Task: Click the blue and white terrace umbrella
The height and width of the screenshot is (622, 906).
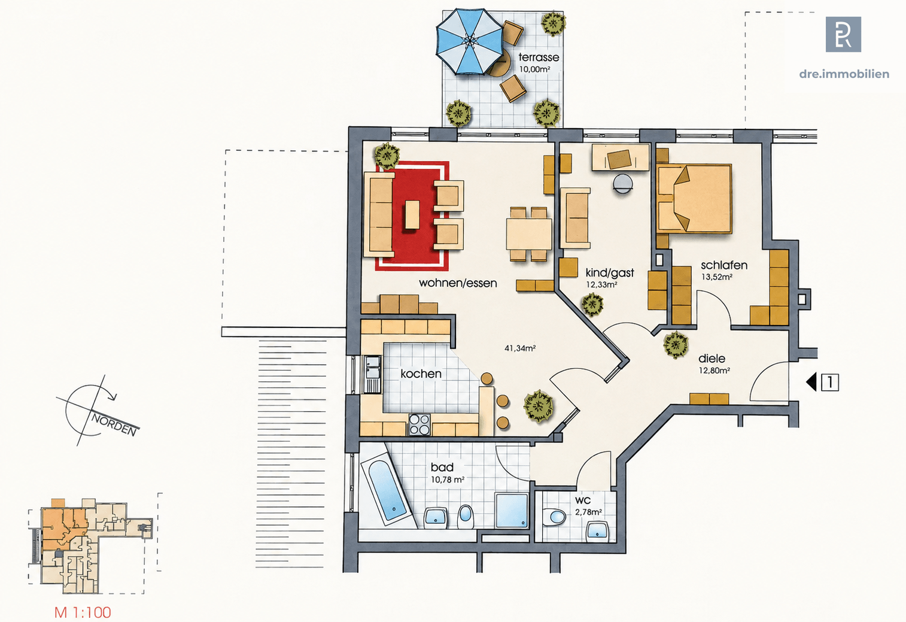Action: (470, 42)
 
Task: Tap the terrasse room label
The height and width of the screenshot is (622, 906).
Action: (539, 57)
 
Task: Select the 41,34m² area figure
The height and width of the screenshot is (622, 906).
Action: (520, 348)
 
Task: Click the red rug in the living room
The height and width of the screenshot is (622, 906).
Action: (412, 216)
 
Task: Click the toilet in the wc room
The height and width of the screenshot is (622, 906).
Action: (554, 517)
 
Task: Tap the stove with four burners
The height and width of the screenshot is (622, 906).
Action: (419, 424)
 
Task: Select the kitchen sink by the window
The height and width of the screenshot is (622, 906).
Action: (372, 374)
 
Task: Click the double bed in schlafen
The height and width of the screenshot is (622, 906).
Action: (694, 199)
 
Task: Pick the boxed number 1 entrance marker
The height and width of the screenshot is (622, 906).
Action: (830, 383)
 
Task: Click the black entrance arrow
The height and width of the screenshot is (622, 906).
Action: (811, 382)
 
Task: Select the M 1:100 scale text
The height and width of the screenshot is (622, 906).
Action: (83, 612)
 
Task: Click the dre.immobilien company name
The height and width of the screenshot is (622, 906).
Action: (844, 74)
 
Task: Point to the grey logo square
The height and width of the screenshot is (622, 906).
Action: (843, 34)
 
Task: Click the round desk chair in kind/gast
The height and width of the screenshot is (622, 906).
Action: (622, 184)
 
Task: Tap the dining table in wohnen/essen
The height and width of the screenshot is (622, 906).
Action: (528, 234)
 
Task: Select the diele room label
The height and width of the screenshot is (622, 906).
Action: (712, 359)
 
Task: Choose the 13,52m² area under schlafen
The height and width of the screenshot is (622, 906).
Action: (717, 277)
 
